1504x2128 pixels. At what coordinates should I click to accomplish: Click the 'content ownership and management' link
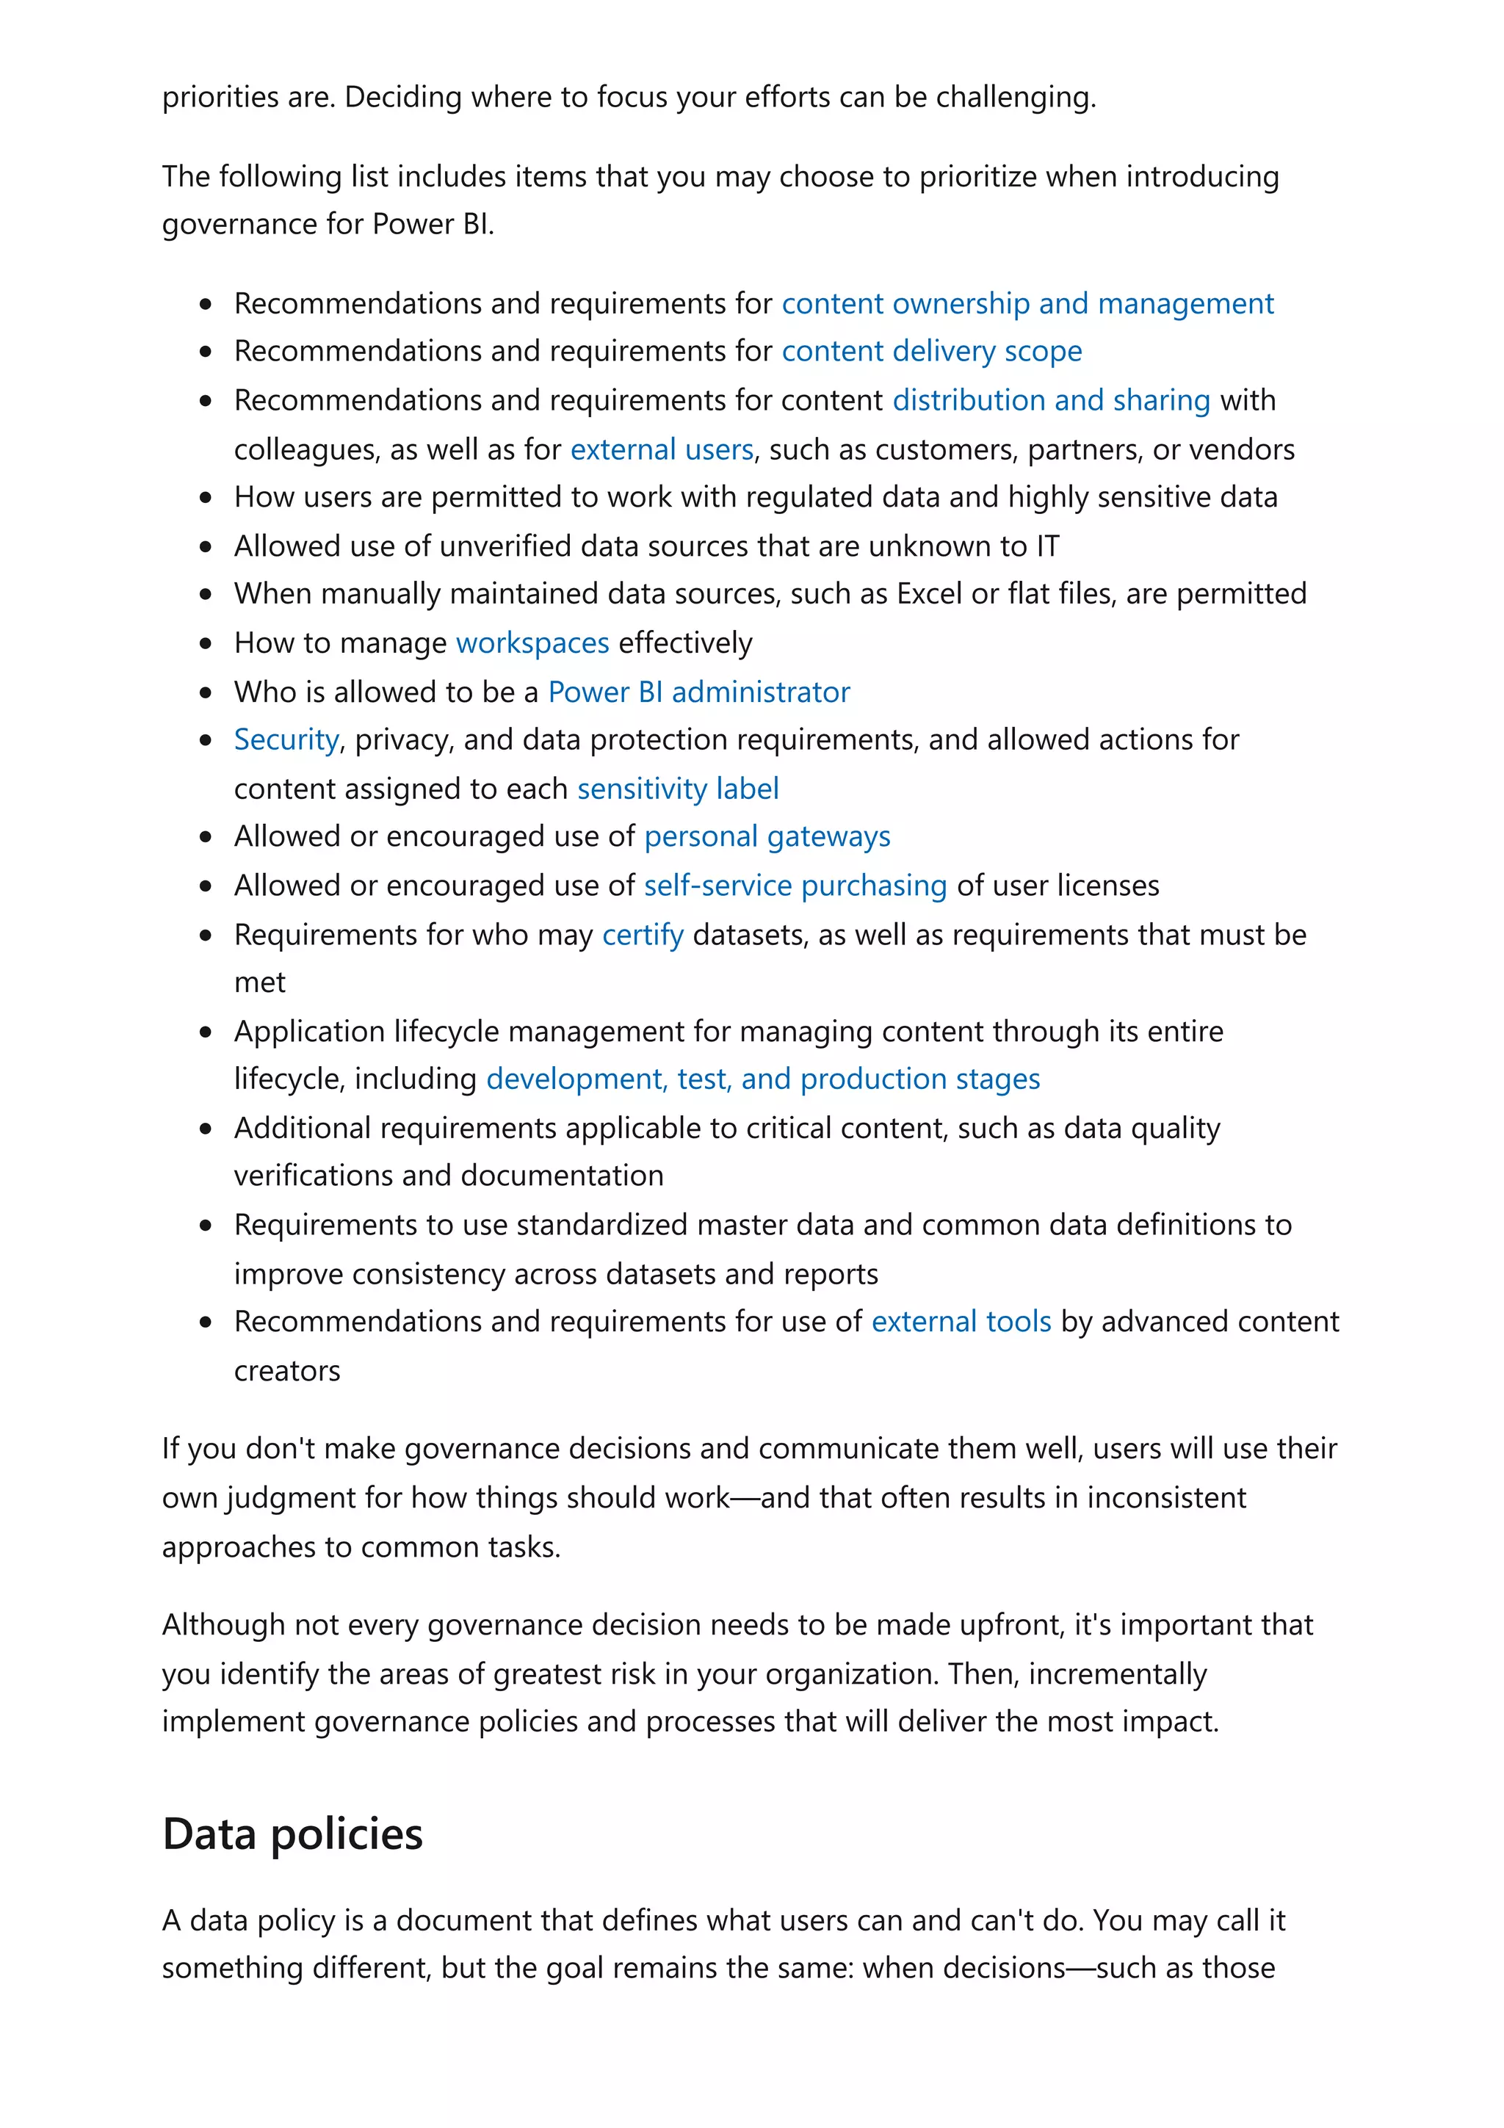[x=1027, y=304]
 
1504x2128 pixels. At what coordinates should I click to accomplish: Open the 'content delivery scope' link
[x=931, y=351]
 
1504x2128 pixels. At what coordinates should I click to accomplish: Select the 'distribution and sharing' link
[x=1051, y=400]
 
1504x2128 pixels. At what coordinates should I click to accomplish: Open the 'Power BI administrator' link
[x=698, y=692]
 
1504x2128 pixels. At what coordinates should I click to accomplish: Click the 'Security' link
[x=286, y=739]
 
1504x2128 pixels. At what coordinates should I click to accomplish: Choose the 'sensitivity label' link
[x=677, y=789]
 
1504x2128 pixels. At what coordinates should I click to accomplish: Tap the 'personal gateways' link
[x=767, y=837]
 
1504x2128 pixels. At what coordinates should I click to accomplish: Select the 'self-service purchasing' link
[x=795, y=886]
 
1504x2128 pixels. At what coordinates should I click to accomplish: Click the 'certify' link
[x=642, y=935]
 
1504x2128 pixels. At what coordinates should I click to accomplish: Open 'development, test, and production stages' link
[x=763, y=1079]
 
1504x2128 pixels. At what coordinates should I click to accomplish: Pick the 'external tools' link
[x=961, y=1322]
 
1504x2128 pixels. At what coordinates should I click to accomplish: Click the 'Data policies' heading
[x=292, y=1834]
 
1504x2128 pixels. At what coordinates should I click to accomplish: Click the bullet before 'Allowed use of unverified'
[x=206, y=547]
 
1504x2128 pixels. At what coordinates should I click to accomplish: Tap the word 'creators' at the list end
[x=286, y=1371]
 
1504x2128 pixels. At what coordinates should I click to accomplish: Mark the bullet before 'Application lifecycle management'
[x=206, y=1032]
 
